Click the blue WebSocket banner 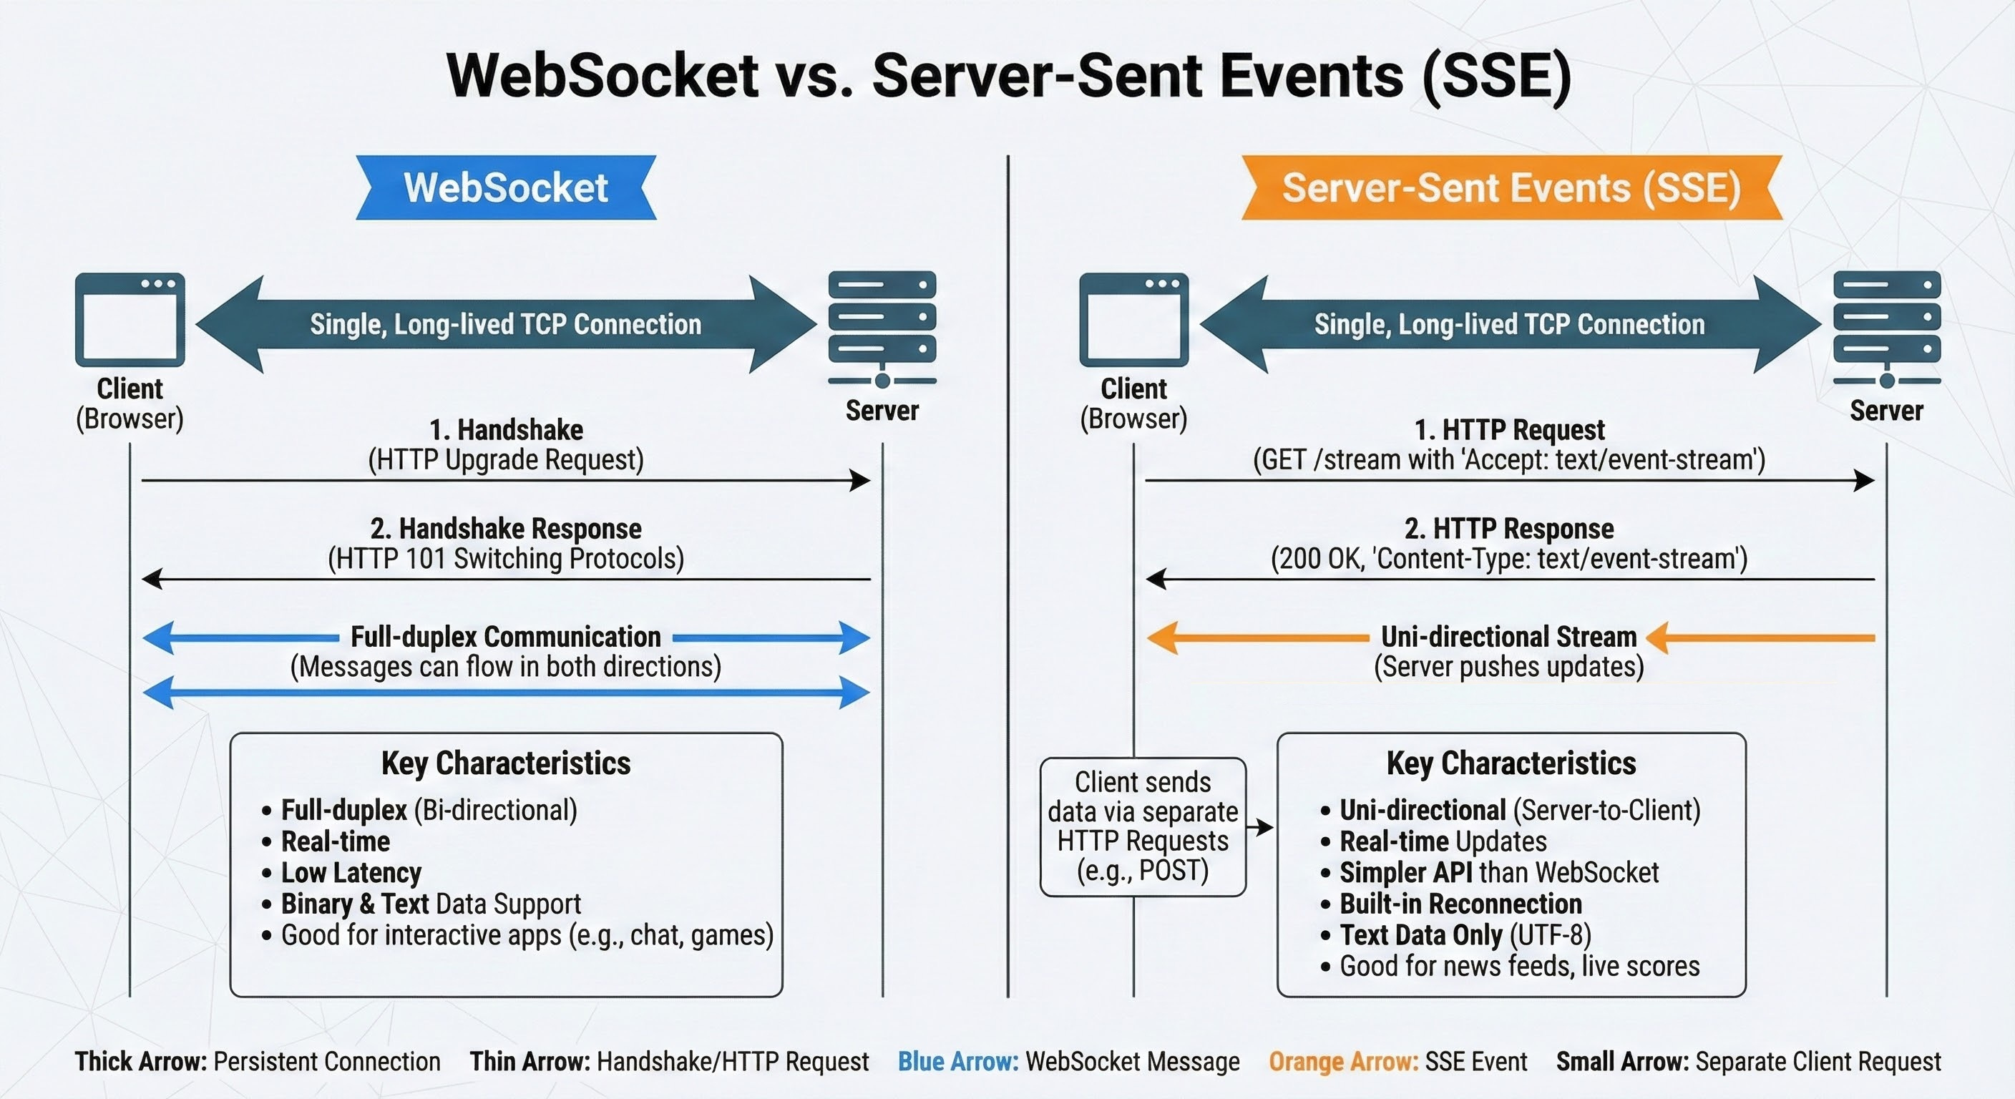click(505, 187)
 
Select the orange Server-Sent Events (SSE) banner click(1511, 187)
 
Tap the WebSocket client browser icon click(130, 319)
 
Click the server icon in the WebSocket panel click(882, 327)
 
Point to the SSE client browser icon click(1133, 319)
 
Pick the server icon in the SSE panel click(1886, 327)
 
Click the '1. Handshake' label click(506, 429)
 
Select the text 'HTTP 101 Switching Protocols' click(506, 559)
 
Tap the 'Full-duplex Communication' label click(505, 637)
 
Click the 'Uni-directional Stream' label click(1509, 637)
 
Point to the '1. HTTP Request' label click(1509, 429)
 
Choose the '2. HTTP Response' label click(1509, 529)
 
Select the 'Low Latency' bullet click(351, 872)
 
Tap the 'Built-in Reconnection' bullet click(1460, 904)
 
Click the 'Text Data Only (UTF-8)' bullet click(1464, 934)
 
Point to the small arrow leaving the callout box click(1260, 827)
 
